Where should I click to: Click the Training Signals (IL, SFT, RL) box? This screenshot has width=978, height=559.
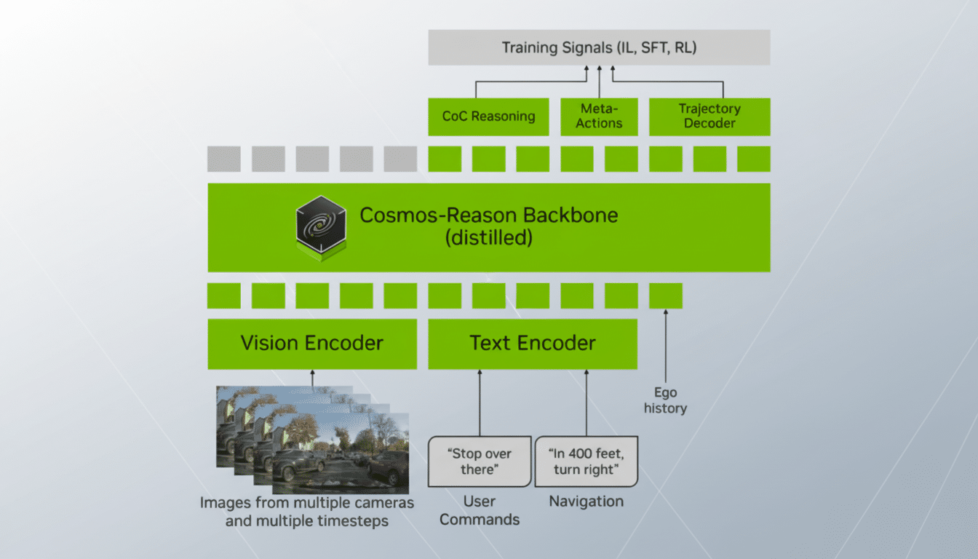click(x=598, y=48)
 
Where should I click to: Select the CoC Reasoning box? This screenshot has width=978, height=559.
click(x=488, y=116)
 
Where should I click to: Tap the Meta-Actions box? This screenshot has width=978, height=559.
click(x=599, y=116)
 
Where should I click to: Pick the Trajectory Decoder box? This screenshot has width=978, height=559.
click(x=709, y=116)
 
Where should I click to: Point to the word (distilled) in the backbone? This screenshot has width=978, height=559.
click(x=488, y=238)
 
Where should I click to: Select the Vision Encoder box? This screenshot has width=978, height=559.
click(x=312, y=344)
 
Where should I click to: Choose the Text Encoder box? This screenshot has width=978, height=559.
click(x=532, y=344)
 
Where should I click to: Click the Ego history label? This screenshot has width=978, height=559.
click(x=664, y=400)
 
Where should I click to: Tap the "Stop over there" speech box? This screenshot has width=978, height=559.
click(x=480, y=461)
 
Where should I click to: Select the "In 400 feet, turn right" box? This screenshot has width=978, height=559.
click(x=586, y=461)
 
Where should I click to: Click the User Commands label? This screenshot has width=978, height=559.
click(x=480, y=510)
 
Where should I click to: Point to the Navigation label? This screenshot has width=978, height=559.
click(x=586, y=501)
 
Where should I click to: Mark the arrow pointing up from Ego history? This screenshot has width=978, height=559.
click(x=665, y=346)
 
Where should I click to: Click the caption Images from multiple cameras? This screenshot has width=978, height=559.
click(x=306, y=503)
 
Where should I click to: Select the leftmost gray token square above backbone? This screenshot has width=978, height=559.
click(x=223, y=159)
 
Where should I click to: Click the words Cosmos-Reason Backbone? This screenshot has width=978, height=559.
click(x=488, y=215)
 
